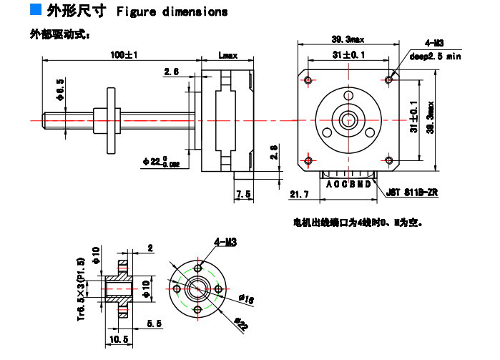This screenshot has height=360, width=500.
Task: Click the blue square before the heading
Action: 35,10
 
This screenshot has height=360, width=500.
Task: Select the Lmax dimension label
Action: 227,55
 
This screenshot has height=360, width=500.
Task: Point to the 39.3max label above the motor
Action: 348,39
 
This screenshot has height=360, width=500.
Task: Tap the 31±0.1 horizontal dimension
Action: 348,54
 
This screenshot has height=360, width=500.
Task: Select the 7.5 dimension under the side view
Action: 243,194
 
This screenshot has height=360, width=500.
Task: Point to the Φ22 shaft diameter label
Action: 160,162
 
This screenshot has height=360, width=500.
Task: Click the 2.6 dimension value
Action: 172,72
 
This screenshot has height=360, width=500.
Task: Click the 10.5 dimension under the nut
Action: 119,339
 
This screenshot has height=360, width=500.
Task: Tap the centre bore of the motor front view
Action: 348,118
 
